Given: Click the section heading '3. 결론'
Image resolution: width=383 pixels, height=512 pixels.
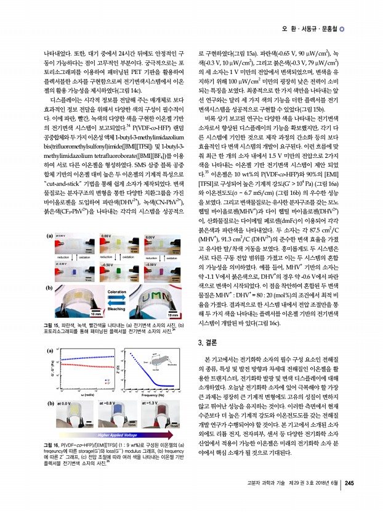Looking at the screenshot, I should pyautogui.click(x=209, y=343).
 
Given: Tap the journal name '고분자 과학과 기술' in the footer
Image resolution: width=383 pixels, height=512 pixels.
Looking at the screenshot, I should pyautogui.click(x=266, y=500).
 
